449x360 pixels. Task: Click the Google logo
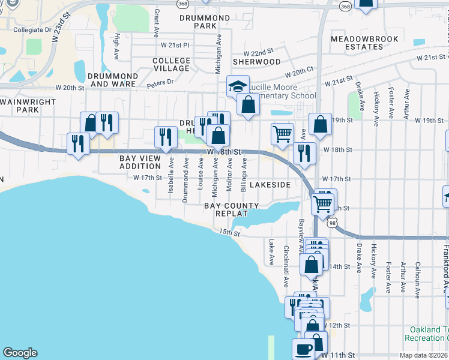click(x=20, y=353)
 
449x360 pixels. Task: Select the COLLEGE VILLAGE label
click(x=171, y=65)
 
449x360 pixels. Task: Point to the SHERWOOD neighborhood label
click(x=256, y=61)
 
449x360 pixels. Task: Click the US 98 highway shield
click(x=332, y=223)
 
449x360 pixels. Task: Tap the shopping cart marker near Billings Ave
click(x=282, y=133)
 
